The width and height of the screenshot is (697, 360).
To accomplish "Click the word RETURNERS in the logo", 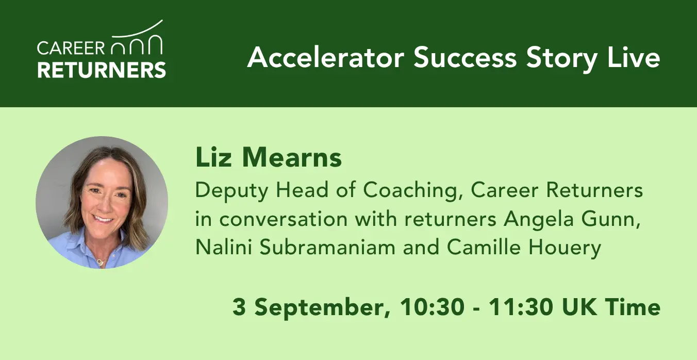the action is [x=102, y=70].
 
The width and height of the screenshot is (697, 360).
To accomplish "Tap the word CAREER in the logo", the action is [x=71, y=48].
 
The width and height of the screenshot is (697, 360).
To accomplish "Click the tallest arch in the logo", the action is [x=155, y=44].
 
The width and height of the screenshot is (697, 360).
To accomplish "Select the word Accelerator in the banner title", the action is [x=325, y=58].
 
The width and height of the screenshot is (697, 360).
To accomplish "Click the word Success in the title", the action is [x=465, y=58].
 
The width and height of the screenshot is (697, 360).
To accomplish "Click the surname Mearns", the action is [x=292, y=158].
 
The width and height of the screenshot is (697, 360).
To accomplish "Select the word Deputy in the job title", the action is [x=231, y=191].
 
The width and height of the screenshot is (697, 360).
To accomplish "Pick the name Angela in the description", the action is [x=539, y=219].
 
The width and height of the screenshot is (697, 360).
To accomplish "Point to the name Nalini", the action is [x=224, y=247].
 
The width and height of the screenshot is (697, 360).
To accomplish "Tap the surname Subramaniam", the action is [x=327, y=247].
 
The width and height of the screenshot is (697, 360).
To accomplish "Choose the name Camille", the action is [x=484, y=247].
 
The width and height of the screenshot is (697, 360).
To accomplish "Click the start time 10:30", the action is [x=432, y=307].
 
